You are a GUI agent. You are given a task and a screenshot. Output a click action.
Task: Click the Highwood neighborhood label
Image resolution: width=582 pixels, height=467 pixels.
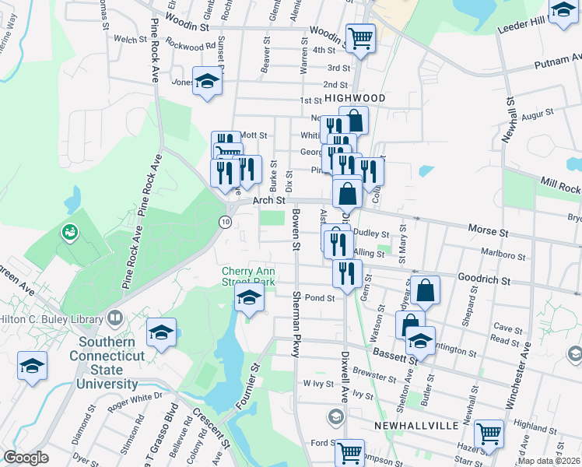click(x=355, y=98)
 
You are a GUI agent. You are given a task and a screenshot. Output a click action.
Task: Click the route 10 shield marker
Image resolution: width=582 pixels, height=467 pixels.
click(x=225, y=222)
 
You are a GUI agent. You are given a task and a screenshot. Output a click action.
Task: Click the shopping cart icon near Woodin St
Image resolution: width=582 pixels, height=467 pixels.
click(x=360, y=37)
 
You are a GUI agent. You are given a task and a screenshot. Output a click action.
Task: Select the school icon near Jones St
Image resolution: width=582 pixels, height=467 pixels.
click(x=207, y=82)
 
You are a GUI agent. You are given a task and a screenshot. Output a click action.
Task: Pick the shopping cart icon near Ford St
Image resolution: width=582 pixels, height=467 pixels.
click(x=349, y=451)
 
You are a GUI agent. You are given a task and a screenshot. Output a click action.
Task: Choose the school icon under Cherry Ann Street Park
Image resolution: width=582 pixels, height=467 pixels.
click(x=249, y=297)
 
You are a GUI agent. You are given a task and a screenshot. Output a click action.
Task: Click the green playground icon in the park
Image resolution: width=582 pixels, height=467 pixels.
click(x=69, y=231)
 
